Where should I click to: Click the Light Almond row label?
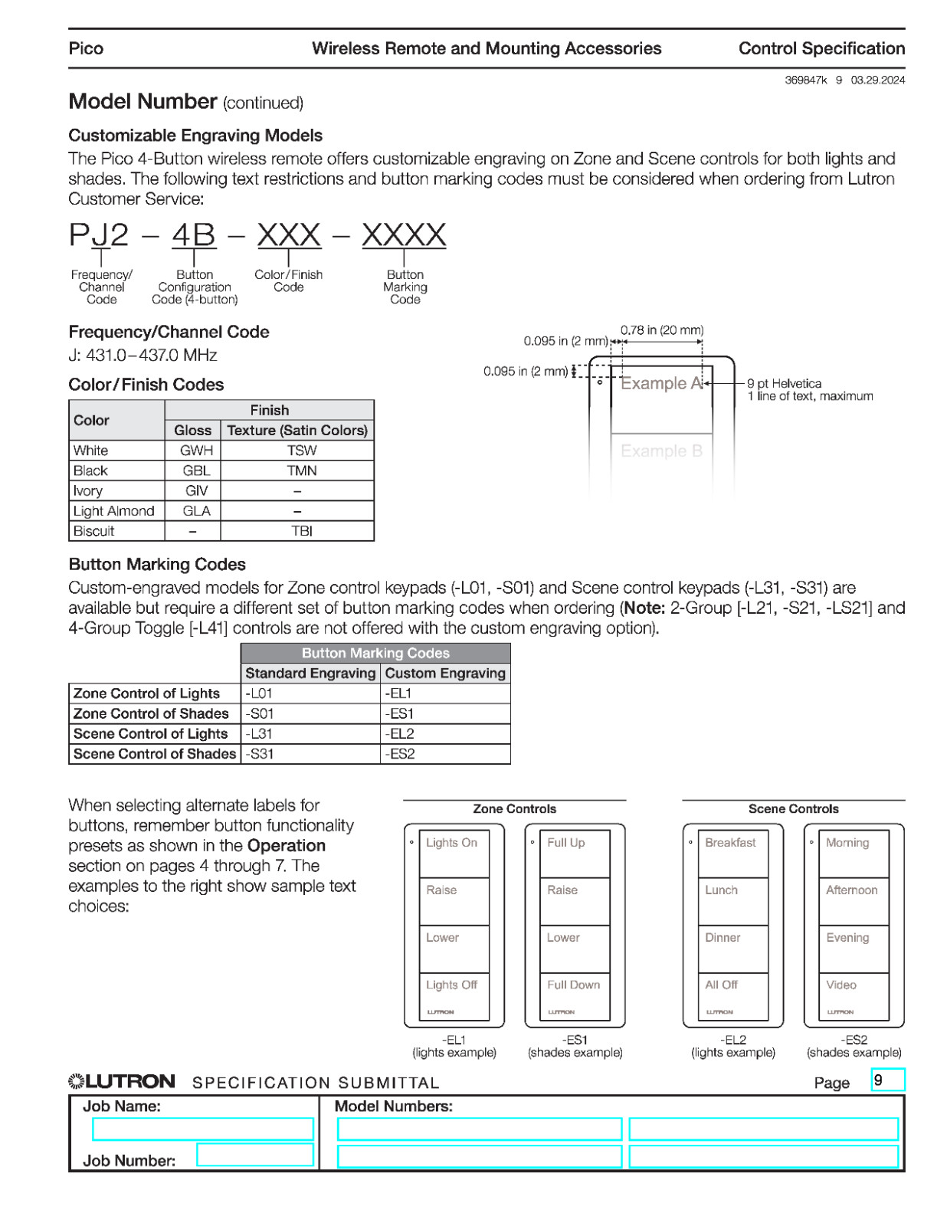click(x=114, y=511)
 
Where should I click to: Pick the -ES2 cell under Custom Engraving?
click(x=444, y=754)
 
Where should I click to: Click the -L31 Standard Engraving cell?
click(x=310, y=733)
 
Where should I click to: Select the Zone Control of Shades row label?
click(x=152, y=713)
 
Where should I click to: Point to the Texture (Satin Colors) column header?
click(x=297, y=430)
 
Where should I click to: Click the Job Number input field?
click(x=255, y=1155)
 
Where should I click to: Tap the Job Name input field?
click(x=203, y=1129)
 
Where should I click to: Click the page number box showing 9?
click(x=888, y=1080)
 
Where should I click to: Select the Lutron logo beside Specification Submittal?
click(x=122, y=1081)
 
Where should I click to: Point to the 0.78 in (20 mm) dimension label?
click(x=661, y=330)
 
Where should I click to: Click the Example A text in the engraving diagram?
click(x=661, y=384)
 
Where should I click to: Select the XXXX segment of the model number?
click(x=404, y=235)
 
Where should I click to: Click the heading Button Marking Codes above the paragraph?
click(x=157, y=565)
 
